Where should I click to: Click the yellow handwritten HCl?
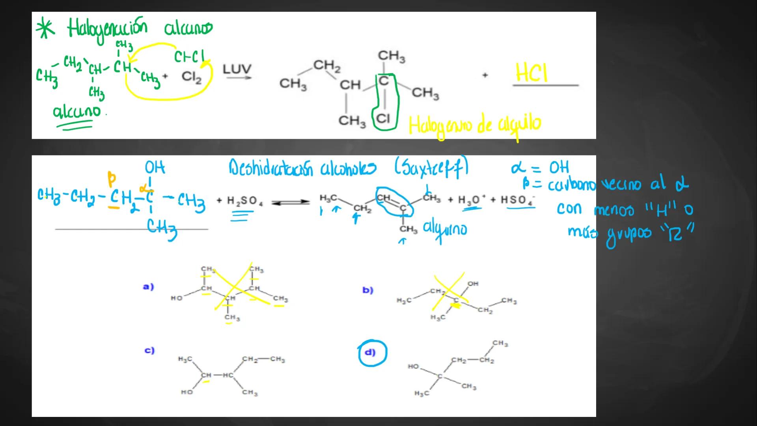coord(531,73)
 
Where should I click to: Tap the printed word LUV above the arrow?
coord(237,69)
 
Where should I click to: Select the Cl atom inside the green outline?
coord(383,118)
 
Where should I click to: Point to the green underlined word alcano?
coord(77,112)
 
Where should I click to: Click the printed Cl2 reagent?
coord(192,77)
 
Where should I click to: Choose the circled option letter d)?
coord(370,352)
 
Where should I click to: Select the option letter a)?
coord(148,287)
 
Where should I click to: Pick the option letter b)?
coord(367,290)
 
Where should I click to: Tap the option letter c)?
coord(149,350)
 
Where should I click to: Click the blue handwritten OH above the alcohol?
coord(155,168)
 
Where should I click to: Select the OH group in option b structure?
coord(473,284)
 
